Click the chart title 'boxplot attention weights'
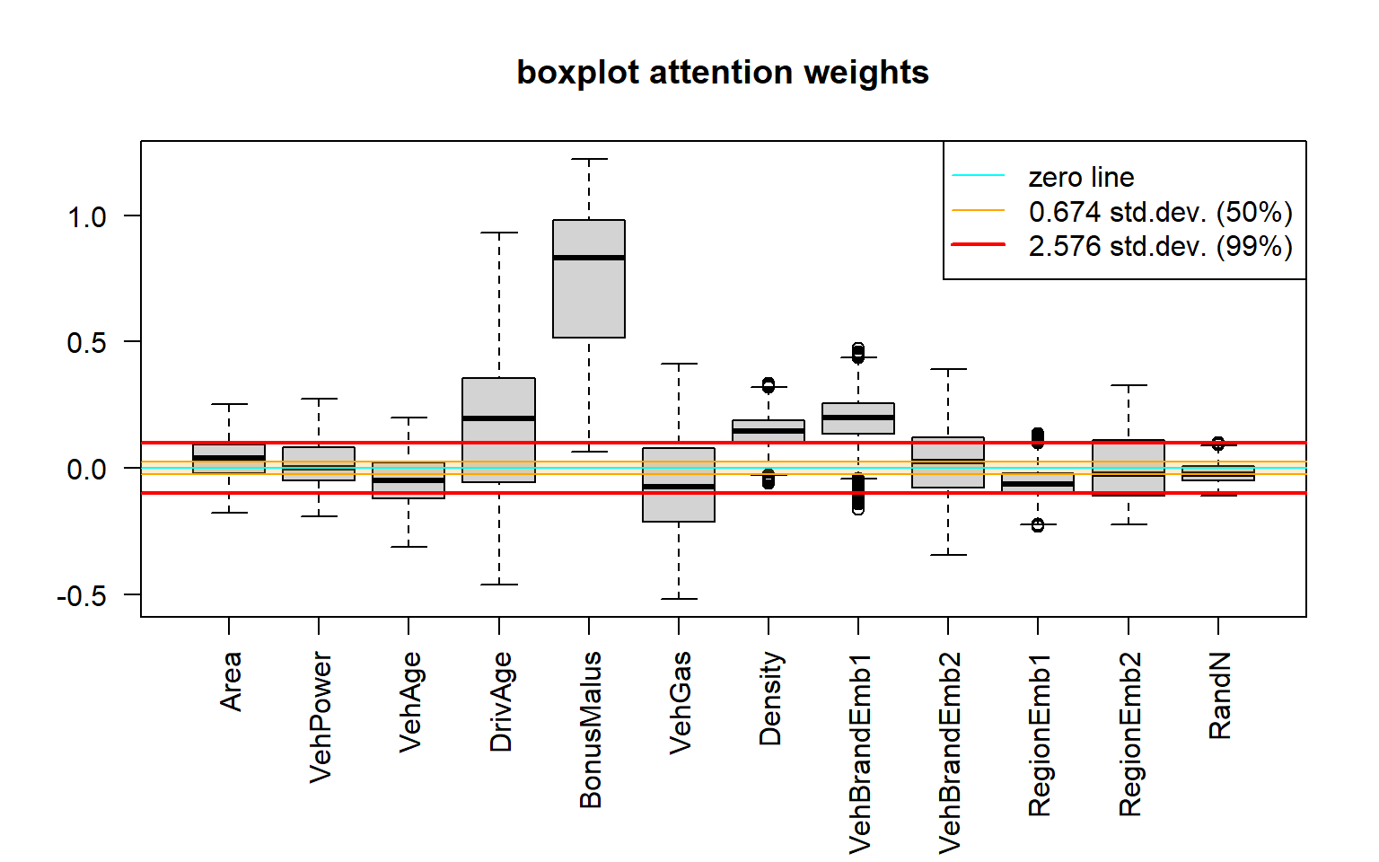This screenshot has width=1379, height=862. point(722,73)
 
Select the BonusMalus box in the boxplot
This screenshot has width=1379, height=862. point(589,296)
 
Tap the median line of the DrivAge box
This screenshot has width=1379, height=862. point(499,418)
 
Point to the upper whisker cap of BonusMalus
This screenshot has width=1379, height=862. point(589,159)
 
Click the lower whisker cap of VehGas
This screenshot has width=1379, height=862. point(679,599)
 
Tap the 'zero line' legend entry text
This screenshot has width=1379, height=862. point(1081,177)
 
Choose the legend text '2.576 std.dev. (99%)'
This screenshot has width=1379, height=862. point(1160,246)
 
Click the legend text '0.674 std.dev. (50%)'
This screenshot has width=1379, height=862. point(1160,212)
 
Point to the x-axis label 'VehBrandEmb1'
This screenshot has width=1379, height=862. point(860,752)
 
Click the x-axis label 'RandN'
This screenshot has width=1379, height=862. point(1220,695)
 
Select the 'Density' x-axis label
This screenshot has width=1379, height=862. point(770,699)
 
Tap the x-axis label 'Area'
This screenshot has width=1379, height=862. point(231,682)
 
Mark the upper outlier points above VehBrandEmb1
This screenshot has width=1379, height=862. point(858,352)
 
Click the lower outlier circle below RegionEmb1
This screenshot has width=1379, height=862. point(1038,525)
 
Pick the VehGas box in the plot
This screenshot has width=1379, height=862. point(679,485)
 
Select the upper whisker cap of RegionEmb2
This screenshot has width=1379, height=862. point(1129,385)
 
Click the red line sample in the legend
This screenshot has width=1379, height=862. point(979,244)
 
